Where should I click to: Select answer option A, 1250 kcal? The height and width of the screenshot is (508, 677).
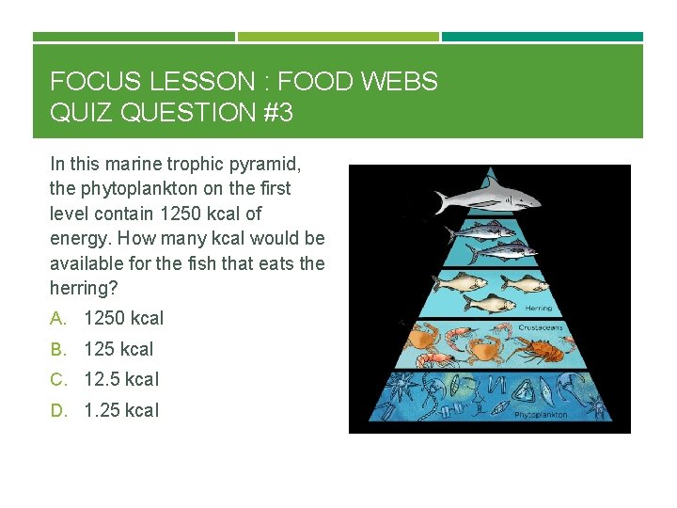pos(123,318)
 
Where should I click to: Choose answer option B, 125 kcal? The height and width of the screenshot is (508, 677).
pos(118,349)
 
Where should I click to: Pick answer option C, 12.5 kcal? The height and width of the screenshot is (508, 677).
pos(121,379)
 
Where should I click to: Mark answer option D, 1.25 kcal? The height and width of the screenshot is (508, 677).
pos(121,410)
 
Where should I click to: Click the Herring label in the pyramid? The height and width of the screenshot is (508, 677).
pos(539,308)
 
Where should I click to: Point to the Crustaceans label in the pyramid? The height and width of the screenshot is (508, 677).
pos(540,327)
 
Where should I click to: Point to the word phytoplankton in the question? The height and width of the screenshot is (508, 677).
pos(133,188)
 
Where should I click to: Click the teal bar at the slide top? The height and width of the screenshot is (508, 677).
pos(543,37)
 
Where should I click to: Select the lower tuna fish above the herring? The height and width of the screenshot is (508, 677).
pos(500,250)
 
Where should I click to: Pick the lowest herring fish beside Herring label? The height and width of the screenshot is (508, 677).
pos(490,303)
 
